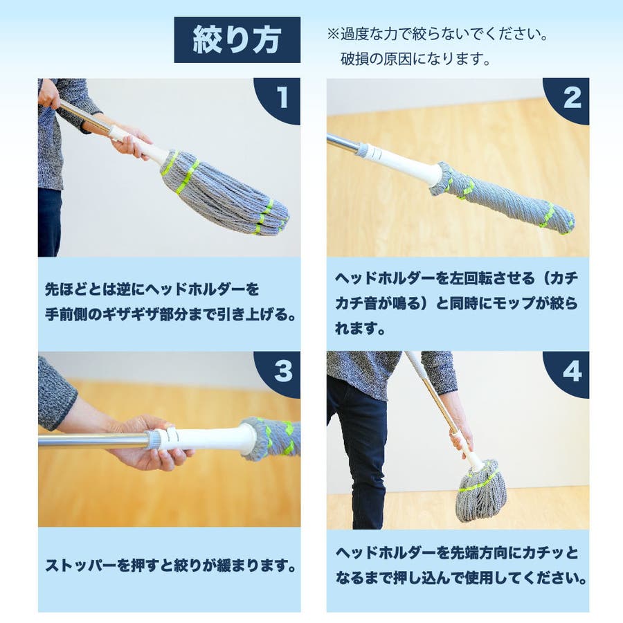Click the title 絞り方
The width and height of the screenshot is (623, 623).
coord(237,39)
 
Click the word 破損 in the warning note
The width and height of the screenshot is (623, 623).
coord(354,59)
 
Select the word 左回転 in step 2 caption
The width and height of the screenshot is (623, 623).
coord(471,278)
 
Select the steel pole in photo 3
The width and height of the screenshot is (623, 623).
coord(92,442)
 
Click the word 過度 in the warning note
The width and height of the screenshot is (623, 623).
coord(354,34)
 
